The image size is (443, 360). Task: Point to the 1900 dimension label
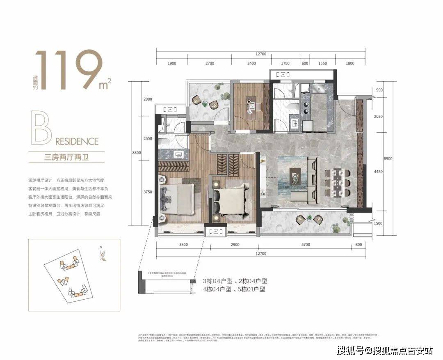[x=171, y=64]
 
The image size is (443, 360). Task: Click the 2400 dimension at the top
[x=251, y=64]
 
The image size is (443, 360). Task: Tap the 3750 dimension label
[x=147, y=192]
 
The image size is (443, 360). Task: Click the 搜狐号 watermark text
[x=352, y=350]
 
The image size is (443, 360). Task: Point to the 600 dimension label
[x=304, y=64]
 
